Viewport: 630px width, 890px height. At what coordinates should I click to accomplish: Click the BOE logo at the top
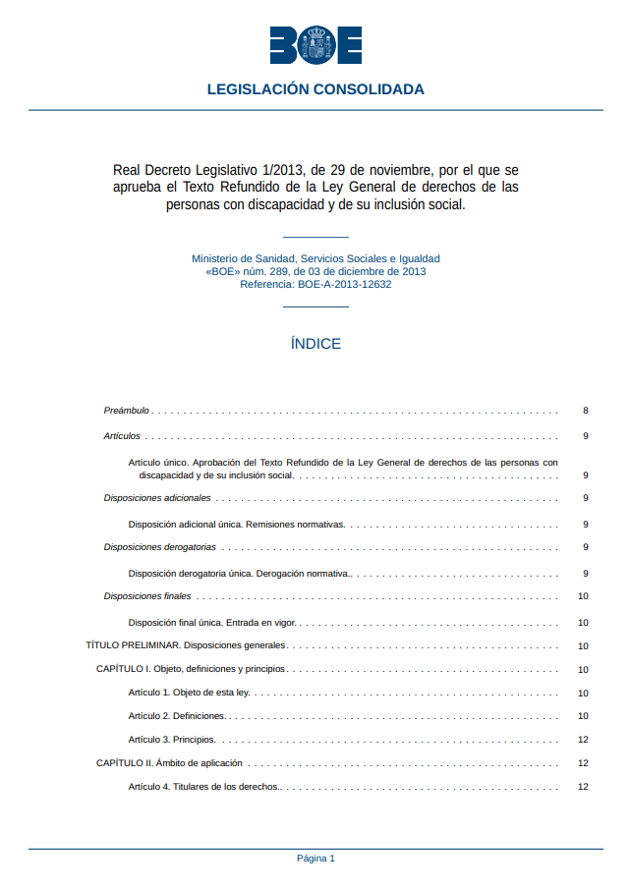(315, 45)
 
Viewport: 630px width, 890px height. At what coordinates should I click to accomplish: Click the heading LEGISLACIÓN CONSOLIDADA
(315, 89)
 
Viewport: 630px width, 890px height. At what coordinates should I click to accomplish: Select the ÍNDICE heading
(315, 344)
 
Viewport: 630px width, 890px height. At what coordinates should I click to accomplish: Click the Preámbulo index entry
(127, 411)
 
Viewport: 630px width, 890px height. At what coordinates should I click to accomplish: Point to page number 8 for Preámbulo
(585, 411)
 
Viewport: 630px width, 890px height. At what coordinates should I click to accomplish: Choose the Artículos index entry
(122, 435)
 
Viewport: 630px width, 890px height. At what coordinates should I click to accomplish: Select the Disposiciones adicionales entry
(157, 498)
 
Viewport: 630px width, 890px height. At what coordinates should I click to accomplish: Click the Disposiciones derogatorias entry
(160, 547)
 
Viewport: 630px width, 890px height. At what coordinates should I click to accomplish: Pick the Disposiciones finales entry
(147, 596)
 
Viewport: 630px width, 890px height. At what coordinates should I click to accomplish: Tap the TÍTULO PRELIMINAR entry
(186, 645)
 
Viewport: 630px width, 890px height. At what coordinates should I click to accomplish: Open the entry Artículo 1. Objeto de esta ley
(189, 693)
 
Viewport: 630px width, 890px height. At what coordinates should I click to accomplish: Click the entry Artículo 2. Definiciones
(177, 716)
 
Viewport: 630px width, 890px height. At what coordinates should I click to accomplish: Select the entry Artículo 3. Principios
(172, 740)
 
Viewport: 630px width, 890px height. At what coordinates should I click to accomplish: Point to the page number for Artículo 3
(583, 740)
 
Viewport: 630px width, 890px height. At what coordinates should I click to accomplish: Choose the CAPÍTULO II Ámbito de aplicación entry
(169, 762)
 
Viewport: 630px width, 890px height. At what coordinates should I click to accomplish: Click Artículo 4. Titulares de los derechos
(204, 786)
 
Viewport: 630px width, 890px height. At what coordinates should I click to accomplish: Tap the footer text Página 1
(315, 858)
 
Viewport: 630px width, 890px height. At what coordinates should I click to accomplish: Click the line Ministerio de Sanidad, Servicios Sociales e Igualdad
(315, 258)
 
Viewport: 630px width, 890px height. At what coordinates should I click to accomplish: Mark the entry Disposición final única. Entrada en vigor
(212, 622)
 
